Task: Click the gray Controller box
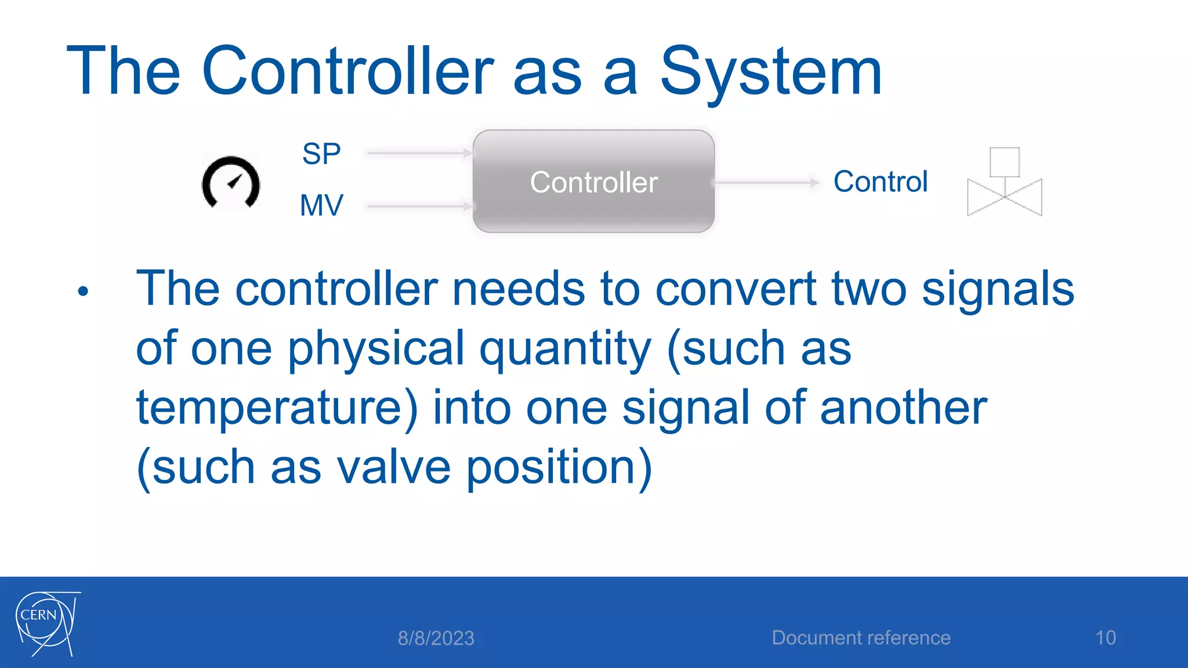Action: coord(593,181)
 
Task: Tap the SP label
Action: coord(321,154)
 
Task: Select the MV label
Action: coord(321,205)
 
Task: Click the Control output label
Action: coord(880,181)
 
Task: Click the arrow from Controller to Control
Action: coord(766,183)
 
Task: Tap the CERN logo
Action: coord(46,623)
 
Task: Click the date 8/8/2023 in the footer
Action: coord(436,638)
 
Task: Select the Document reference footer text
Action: coord(861,638)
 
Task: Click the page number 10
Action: coord(1105,638)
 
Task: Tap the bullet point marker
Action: coord(83,291)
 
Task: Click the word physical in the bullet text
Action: coord(376,350)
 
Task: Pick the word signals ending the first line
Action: coord(997,289)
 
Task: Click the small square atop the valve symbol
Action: coord(1004,162)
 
